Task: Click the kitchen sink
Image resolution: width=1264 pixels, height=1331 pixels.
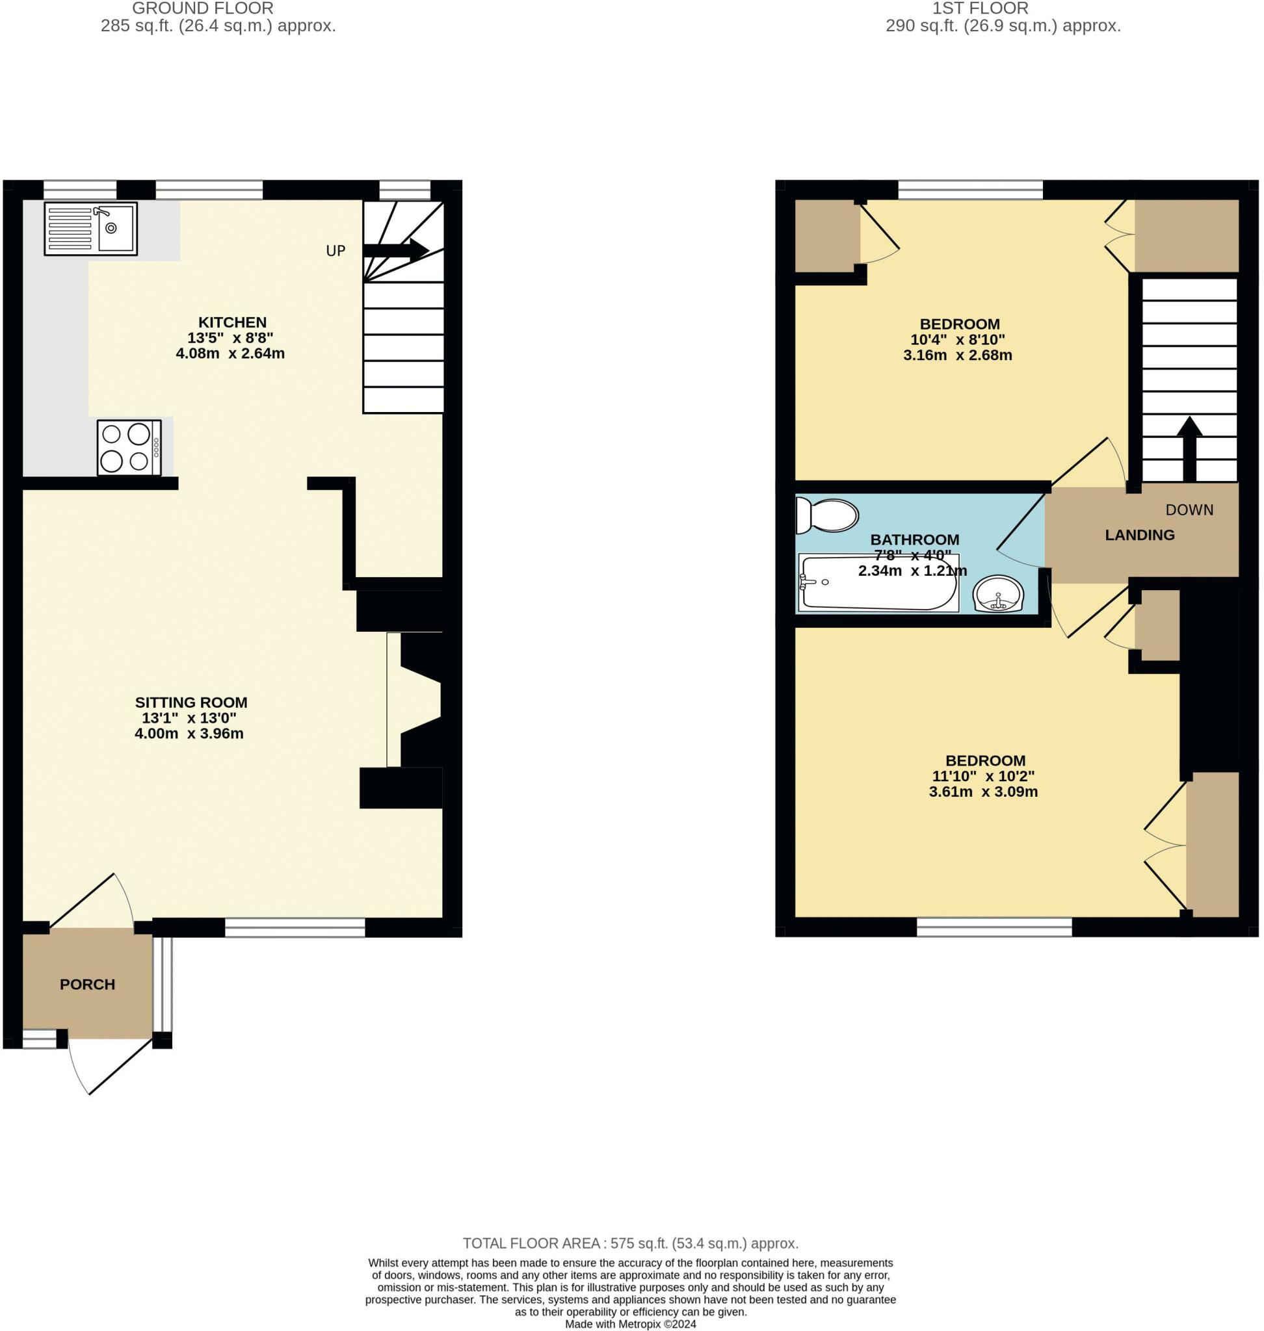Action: (91, 228)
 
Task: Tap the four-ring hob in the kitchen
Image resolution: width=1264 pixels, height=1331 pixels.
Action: (129, 447)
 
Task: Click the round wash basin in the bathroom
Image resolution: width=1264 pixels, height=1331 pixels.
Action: (998, 594)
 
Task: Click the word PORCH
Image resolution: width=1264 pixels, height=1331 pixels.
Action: (87, 985)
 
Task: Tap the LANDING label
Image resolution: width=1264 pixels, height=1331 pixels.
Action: (1139, 535)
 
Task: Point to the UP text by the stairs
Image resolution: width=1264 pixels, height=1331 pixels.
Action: (336, 251)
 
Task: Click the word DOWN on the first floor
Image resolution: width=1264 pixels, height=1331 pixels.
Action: (1189, 510)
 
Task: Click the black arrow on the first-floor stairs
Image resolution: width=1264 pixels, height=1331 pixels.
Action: (1189, 448)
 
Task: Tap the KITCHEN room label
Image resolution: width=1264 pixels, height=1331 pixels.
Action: (231, 322)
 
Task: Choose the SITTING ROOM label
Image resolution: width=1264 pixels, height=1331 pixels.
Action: (191, 702)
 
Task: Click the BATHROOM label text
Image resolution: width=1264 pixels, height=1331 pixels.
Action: (914, 539)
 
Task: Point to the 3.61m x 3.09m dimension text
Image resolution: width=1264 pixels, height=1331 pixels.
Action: (983, 792)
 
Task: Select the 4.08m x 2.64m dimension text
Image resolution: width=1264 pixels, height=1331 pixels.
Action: (230, 354)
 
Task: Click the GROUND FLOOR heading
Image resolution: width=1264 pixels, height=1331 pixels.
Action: (202, 8)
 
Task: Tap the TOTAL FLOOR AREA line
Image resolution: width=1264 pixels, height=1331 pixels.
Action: (630, 1243)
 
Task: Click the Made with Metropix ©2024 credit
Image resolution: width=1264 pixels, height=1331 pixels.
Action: (630, 1324)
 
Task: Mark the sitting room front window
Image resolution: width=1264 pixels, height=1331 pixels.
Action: (295, 927)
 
